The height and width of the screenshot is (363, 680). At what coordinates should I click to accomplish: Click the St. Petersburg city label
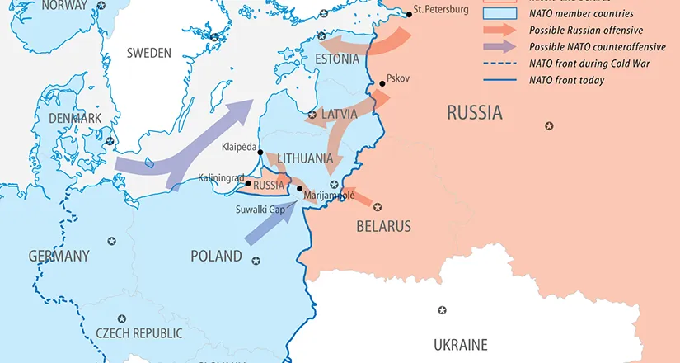[441, 10]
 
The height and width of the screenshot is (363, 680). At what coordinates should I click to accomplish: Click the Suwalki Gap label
[260, 209]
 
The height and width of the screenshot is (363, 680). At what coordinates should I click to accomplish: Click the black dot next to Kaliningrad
[248, 184]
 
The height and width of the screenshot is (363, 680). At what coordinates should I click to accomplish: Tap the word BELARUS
[383, 226]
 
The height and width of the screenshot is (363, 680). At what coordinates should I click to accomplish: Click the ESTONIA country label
[338, 59]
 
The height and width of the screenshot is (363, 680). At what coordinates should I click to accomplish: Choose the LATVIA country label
[339, 114]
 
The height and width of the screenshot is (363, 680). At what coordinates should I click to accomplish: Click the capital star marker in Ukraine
[443, 310]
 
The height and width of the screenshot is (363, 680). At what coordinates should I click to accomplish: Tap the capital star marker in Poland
[256, 261]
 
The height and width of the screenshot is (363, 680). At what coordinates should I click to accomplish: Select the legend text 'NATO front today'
[567, 81]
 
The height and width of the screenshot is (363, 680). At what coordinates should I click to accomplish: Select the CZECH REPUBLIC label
[138, 333]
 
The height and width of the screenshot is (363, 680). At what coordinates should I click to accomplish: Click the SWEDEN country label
[148, 53]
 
